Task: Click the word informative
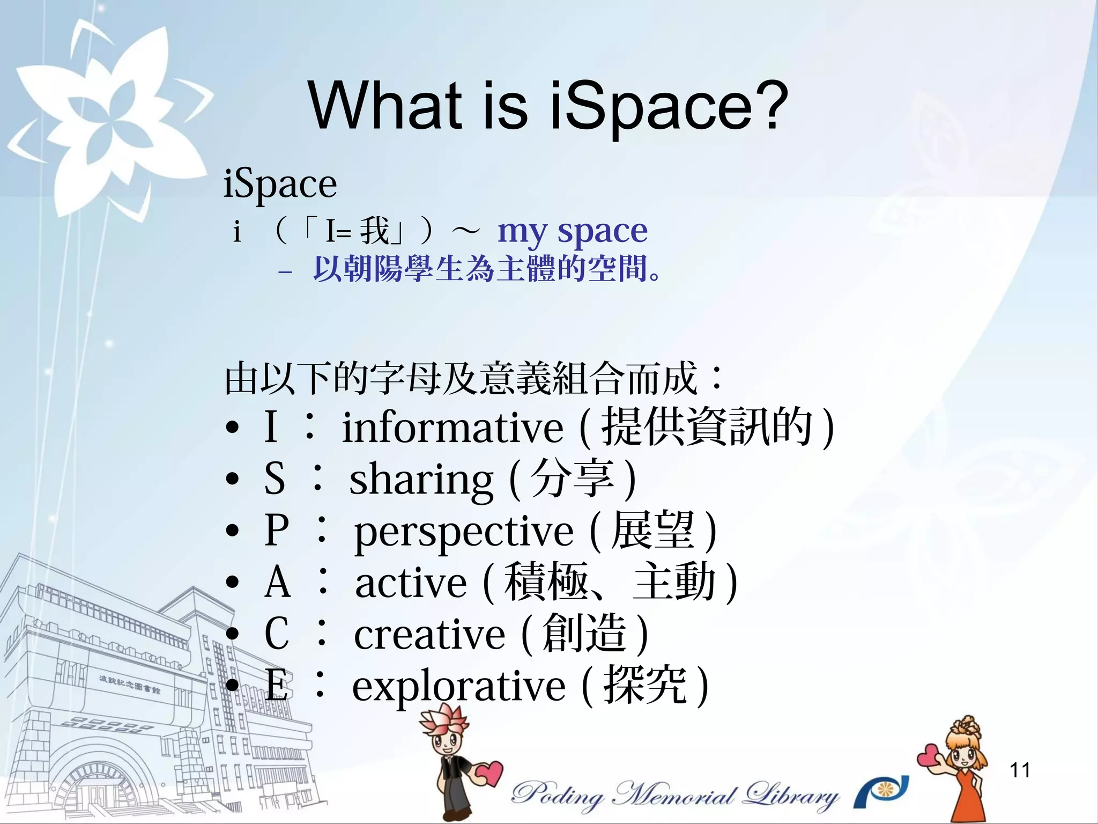coord(453,428)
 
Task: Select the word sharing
coord(421,479)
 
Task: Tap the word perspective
coord(464,531)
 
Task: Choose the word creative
coord(429,634)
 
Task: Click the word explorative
coord(458,686)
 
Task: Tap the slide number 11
coord(1020,770)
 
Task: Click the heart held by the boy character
coord(488,773)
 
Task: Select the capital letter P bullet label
coord(276,531)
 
